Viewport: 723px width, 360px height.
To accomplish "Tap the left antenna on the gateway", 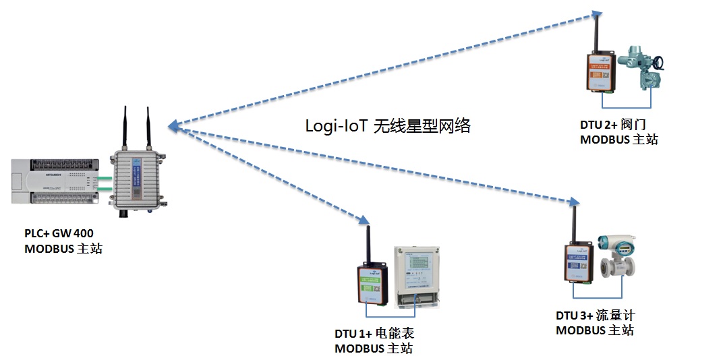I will click(125, 128).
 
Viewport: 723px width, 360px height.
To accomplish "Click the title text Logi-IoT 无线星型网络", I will click(388, 125).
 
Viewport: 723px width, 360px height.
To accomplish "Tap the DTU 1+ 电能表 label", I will click(374, 334).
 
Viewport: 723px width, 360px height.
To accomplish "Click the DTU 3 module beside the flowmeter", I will click(578, 264).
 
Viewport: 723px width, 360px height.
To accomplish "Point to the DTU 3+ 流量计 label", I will click(596, 316).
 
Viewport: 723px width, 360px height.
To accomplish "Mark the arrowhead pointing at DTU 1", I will click(364, 220).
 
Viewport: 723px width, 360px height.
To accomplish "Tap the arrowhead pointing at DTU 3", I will click(573, 202).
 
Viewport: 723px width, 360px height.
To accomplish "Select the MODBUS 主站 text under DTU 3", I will click(595, 330).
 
